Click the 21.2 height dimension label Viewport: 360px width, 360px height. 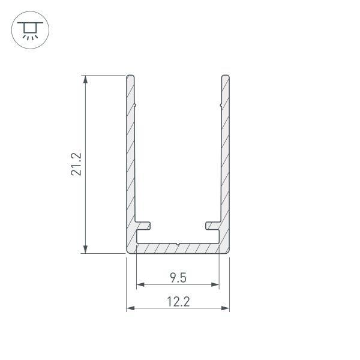[76, 164]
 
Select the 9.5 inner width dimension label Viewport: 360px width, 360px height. [178, 278]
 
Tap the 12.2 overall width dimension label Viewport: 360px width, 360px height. [178, 302]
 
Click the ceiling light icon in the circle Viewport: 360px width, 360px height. [30, 31]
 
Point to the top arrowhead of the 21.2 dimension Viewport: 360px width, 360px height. [85, 79]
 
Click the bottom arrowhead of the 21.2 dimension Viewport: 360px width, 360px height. [85, 250]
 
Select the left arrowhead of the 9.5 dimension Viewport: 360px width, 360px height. [140, 284]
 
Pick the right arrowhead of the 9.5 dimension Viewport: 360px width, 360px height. [215, 284]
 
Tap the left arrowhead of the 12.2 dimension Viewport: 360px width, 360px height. [130, 308]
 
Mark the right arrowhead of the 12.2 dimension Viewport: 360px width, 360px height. [225, 308]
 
